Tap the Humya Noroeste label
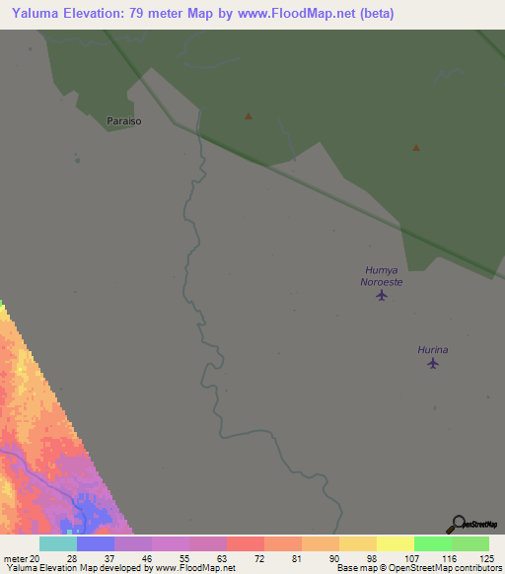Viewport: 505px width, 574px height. click(382, 275)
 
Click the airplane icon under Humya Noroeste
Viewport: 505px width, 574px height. click(382, 294)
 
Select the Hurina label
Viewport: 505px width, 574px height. click(432, 350)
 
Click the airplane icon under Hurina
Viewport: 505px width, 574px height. click(432, 364)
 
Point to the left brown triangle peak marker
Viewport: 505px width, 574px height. click(249, 116)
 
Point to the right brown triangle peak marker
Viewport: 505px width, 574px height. click(416, 148)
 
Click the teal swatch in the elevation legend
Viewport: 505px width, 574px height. click(58, 543)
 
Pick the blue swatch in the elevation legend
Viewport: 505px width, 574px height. click(96, 543)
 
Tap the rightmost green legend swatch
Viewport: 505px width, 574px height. click(470, 543)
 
